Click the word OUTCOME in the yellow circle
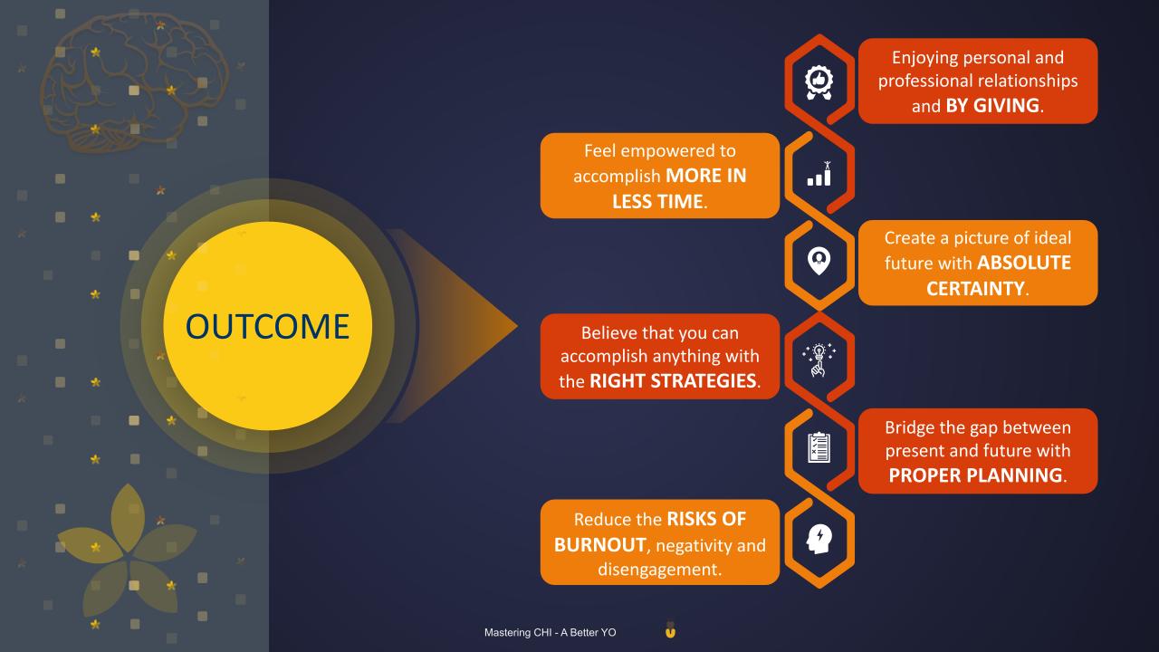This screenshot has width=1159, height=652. pyautogui.click(x=267, y=327)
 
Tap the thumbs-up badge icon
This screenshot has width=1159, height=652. pyautogui.click(x=819, y=82)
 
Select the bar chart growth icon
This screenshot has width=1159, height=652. pyautogui.click(x=819, y=173)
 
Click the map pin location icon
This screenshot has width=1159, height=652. pyautogui.click(x=819, y=261)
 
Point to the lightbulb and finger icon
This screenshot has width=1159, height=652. pyautogui.click(x=819, y=360)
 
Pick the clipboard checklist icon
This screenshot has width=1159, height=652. pyautogui.click(x=819, y=447)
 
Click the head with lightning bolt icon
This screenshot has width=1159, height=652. pyautogui.click(x=819, y=539)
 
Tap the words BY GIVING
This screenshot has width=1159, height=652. pyautogui.click(x=992, y=106)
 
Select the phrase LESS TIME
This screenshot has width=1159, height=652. pyautogui.click(x=657, y=201)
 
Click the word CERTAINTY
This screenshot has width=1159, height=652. pyautogui.click(x=975, y=288)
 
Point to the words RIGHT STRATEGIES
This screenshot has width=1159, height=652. pyautogui.click(x=673, y=381)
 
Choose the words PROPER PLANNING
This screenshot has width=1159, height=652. pyautogui.click(x=975, y=475)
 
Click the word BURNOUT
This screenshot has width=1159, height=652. pyautogui.click(x=599, y=545)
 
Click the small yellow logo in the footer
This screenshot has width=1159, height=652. pyautogui.click(x=671, y=630)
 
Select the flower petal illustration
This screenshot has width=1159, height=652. pyautogui.click(x=128, y=552)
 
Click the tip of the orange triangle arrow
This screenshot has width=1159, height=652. pyautogui.click(x=518, y=326)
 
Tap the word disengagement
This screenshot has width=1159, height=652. pyautogui.click(x=660, y=570)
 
